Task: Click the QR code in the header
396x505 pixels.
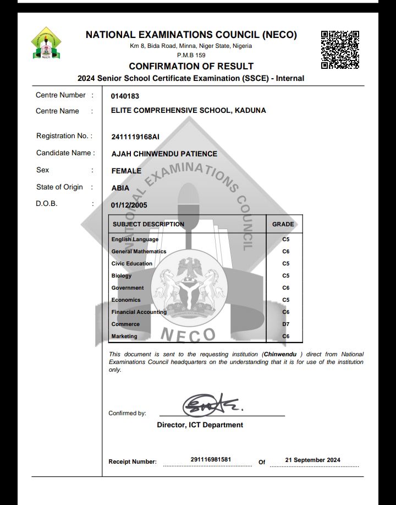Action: pyautogui.click(x=340, y=49)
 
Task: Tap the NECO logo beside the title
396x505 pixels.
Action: pyautogui.click(x=46, y=43)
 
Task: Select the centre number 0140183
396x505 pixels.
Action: pyautogui.click(x=125, y=96)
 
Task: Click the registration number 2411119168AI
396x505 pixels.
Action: pyautogui.click(x=135, y=137)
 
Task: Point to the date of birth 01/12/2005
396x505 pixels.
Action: pyautogui.click(x=129, y=205)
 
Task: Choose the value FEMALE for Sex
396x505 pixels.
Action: pyautogui.click(x=126, y=171)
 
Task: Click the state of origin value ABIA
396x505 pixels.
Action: pyautogui.click(x=120, y=188)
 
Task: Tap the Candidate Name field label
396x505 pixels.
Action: pyautogui.click(x=65, y=153)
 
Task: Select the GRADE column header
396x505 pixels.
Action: pyautogui.click(x=283, y=224)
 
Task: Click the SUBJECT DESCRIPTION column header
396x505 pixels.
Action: pyautogui.click(x=148, y=224)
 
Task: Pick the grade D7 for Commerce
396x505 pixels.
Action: pyautogui.click(x=285, y=324)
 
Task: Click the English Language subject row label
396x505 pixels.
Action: pyautogui.click(x=135, y=240)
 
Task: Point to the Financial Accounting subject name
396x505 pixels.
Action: pyautogui.click(x=139, y=312)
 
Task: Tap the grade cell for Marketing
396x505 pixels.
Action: pyautogui.click(x=285, y=336)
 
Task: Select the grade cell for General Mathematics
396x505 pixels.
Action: pyautogui.click(x=285, y=252)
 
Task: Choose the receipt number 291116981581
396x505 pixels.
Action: pyautogui.click(x=211, y=459)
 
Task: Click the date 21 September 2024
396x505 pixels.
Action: pyautogui.click(x=312, y=460)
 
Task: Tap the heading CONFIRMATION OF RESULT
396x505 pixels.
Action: pyautogui.click(x=191, y=67)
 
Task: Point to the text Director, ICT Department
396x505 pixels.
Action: pyautogui.click(x=200, y=425)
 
